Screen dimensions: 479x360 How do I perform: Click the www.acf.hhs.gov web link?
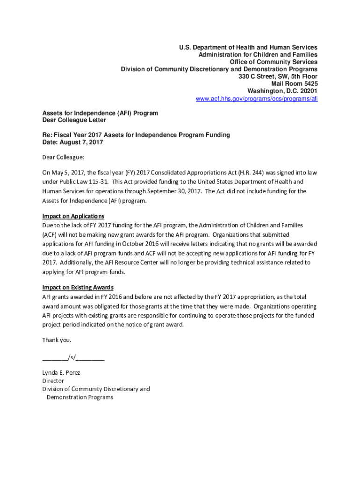point(256,99)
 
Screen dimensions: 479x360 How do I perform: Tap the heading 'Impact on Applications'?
point(73,216)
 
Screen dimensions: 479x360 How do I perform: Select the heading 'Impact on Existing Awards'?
point(78,287)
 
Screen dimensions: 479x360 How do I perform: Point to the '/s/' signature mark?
point(72,358)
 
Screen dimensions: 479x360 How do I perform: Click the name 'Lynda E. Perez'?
point(61,373)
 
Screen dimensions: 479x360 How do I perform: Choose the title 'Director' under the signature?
point(53,381)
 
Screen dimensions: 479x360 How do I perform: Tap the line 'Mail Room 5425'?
point(295,84)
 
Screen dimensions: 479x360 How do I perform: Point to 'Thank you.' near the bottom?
point(57,340)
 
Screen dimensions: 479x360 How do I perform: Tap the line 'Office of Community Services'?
point(274,62)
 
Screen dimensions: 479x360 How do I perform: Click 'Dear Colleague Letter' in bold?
point(74,120)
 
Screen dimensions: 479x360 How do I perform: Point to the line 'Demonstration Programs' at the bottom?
point(80,397)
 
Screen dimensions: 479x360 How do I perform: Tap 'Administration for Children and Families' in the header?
point(258,55)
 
